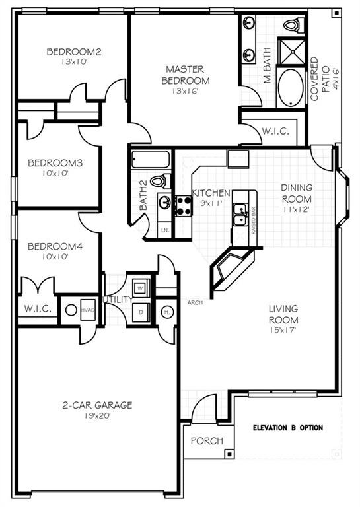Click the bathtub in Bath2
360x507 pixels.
point(152,160)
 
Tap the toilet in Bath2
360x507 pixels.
point(159,180)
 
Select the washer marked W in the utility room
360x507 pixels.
point(140,288)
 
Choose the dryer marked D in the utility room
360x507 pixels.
point(140,312)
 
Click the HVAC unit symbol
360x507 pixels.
point(87,309)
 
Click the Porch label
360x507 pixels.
point(207,441)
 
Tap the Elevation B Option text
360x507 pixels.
point(288,428)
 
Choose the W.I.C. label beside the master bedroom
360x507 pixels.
point(275,131)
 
